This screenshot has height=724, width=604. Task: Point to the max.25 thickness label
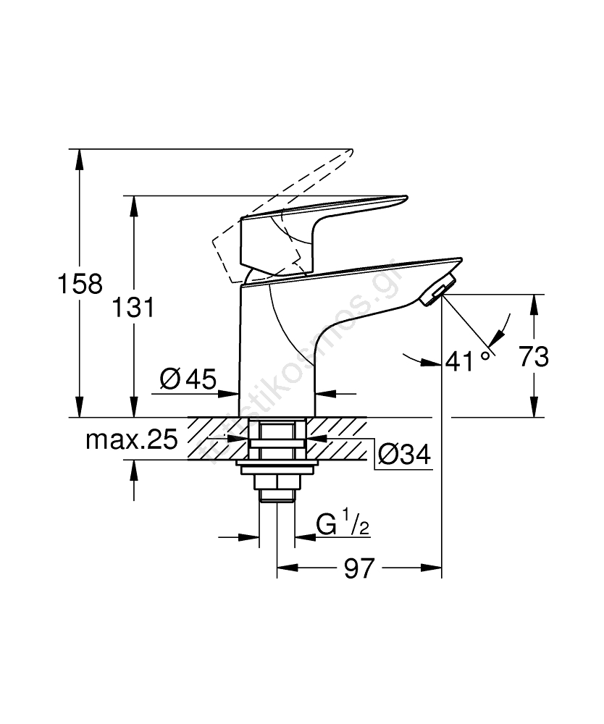(131, 439)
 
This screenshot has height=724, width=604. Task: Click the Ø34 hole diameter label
(404, 454)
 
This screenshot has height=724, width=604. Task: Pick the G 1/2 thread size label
(343, 524)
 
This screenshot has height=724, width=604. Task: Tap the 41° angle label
(469, 359)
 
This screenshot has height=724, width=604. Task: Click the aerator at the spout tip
(437, 290)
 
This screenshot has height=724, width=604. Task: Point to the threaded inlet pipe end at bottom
(277, 495)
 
